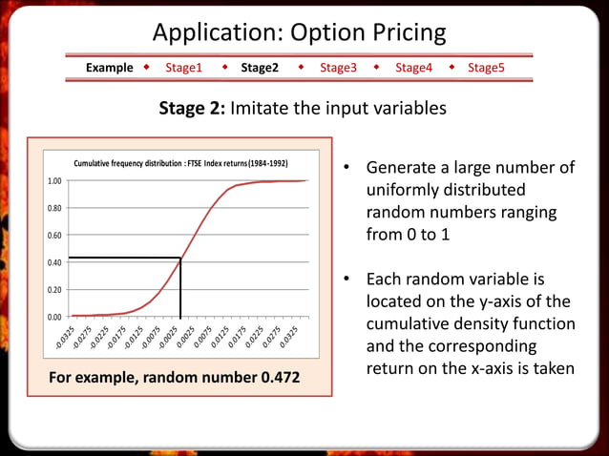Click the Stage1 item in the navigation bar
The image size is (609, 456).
click(x=183, y=68)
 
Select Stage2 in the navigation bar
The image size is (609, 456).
click(x=260, y=68)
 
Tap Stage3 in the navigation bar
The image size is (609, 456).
click(x=338, y=68)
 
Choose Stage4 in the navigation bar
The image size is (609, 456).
click(x=413, y=68)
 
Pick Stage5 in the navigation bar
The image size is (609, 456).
click(x=486, y=68)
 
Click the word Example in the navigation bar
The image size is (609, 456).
click(x=109, y=68)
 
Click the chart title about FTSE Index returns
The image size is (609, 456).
click(x=180, y=163)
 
